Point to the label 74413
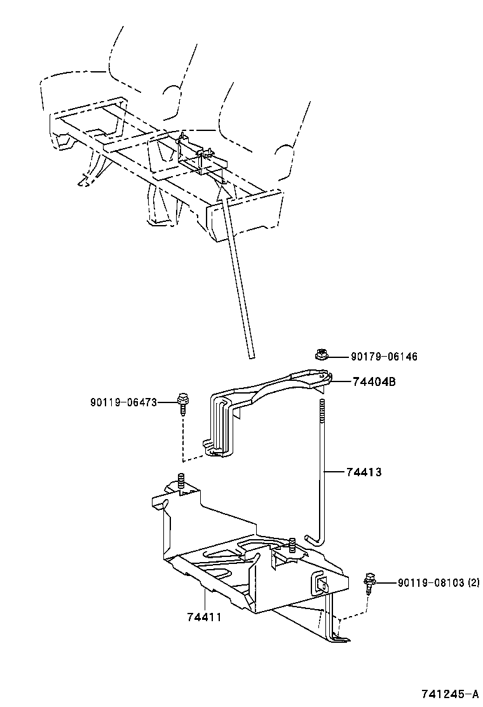364,472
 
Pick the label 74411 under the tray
204,617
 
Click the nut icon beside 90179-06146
321,355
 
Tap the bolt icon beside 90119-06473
182,403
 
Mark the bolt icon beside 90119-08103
369,582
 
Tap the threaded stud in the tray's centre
292,545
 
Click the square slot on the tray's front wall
320,583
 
